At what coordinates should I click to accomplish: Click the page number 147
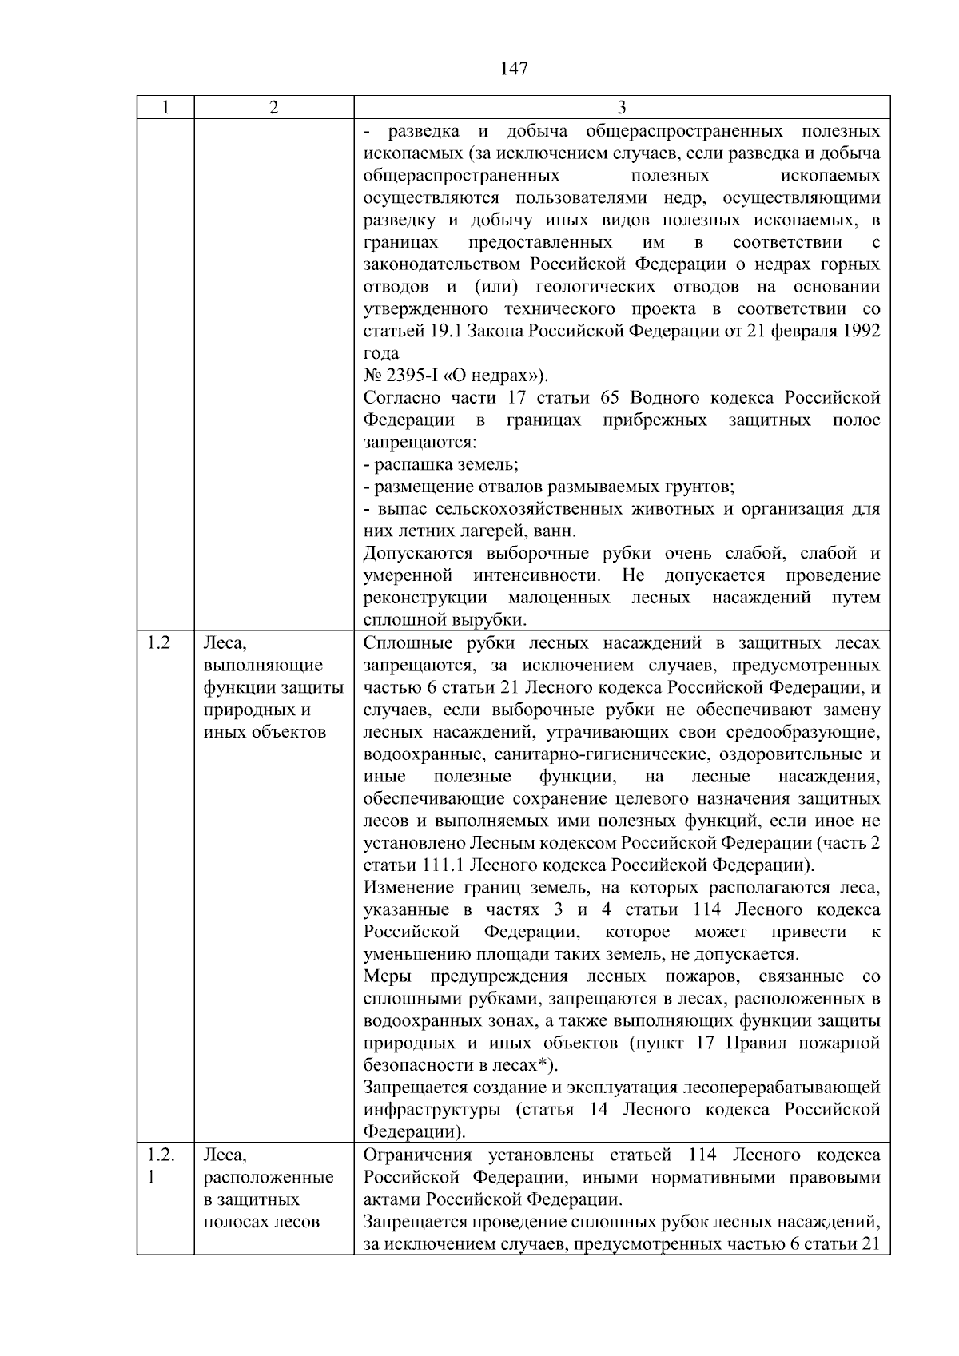point(514,69)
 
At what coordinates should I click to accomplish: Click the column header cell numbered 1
point(165,108)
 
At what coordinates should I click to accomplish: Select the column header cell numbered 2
point(273,108)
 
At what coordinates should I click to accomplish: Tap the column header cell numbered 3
point(622,108)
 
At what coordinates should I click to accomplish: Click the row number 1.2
point(159,643)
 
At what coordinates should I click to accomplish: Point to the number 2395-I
point(410,376)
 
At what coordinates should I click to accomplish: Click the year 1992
point(860,331)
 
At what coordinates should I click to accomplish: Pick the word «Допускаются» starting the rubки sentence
point(408,554)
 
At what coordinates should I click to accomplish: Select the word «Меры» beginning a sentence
point(389,976)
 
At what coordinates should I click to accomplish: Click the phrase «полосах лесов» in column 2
point(261,1222)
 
